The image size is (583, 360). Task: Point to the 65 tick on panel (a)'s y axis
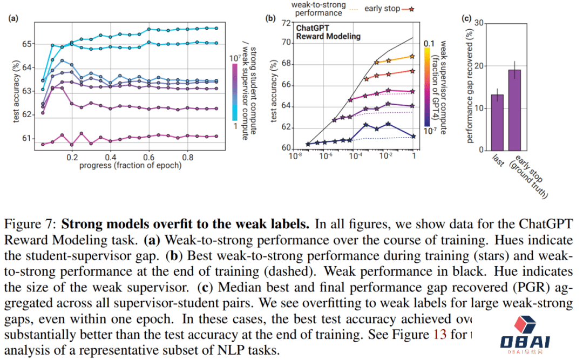click(x=25, y=44)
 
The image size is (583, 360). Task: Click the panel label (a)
click(x=12, y=18)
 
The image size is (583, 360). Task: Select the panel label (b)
click(x=270, y=18)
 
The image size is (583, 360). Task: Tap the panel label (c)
click(x=467, y=18)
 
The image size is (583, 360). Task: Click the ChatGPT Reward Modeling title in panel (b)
click(x=328, y=32)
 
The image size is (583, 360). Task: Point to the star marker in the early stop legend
click(x=412, y=8)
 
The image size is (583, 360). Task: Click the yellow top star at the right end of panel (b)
click(x=412, y=56)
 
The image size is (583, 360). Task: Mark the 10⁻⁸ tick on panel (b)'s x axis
click(x=295, y=157)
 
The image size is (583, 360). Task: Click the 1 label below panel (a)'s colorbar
click(x=235, y=125)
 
